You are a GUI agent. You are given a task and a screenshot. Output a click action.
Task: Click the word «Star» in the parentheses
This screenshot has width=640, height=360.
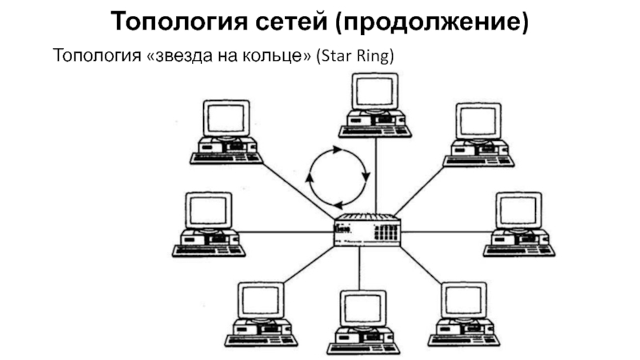(345, 57)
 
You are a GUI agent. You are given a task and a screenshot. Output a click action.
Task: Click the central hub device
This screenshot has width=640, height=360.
(366, 230)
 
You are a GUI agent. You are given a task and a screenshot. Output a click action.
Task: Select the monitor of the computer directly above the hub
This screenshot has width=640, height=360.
(374, 91)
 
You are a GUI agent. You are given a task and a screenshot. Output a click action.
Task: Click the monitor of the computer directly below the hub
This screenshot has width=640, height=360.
(362, 306)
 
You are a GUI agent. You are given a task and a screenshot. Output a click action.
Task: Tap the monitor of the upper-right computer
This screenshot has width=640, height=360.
(478, 121)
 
